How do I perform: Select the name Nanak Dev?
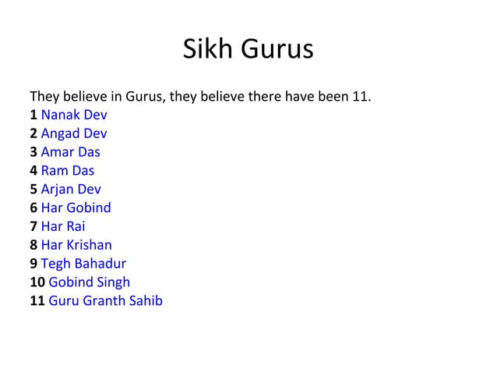[x=74, y=115]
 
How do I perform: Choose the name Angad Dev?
[x=74, y=133]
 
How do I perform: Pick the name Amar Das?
[x=70, y=152]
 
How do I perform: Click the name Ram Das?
[x=67, y=170]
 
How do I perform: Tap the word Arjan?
[x=57, y=189]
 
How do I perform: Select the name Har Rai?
[x=62, y=226]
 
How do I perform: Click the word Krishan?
[x=88, y=244]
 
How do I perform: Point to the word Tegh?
[x=55, y=263]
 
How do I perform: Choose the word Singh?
[x=111, y=282]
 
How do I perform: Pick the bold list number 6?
[x=33, y=208]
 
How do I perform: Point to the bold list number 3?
[x=33, y=152]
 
